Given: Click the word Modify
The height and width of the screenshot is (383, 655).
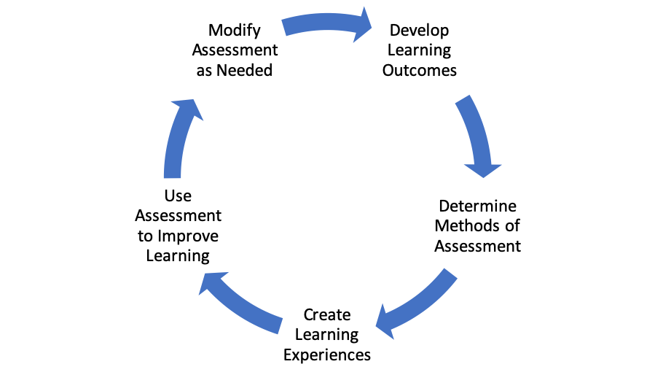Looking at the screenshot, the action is tap(235, 31).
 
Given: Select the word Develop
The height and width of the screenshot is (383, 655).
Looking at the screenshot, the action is tap(420, 31).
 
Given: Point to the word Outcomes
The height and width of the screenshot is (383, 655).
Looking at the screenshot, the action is tap(420, 70).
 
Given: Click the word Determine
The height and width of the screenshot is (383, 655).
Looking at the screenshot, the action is tap(477, 206).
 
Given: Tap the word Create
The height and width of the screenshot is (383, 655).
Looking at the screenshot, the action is tap(327, 314).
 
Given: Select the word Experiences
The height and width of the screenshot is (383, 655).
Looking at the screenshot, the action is tap(327, 355).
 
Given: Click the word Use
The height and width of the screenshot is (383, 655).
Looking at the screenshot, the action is tap(178, 196).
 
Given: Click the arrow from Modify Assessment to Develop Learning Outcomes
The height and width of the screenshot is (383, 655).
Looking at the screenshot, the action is tap(326, 24).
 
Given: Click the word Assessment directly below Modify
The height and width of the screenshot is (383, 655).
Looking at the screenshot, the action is tap(235, 50).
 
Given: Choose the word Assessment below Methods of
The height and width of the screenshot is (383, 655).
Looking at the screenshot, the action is tap(477, 246).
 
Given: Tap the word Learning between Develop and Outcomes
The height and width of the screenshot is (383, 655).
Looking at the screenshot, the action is tap(420, 51).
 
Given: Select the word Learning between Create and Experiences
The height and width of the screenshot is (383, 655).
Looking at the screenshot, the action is tap(327, 336).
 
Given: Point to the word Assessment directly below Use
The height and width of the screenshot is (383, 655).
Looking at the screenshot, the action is tap(178, 216).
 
